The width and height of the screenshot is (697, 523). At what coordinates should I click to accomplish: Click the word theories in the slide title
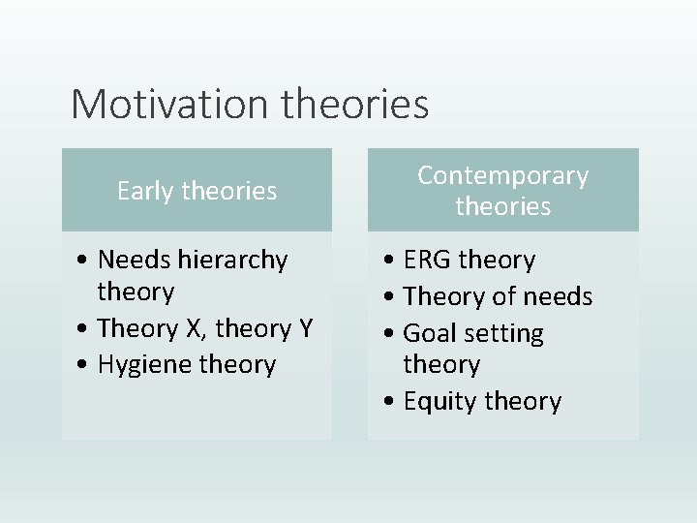pyautogui.click(x=354, y=104)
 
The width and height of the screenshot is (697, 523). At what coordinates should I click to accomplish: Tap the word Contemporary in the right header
pyautogui.click(x=502, y=175)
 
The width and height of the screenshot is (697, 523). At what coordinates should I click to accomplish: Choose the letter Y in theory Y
pyautogui.click(x=305, y=328)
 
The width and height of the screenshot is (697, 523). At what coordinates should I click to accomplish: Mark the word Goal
pyautogui.click(x=427, y=333)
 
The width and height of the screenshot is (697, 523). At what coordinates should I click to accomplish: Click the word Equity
pyautogui.click(x=435, y=401)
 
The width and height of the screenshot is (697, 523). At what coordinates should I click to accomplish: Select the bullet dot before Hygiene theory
pyautogui.click(x=86, y=366)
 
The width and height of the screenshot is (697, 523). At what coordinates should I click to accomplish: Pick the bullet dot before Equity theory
pyautogui.click(x=391, y=402)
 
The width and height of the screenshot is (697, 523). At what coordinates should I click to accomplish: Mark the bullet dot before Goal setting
pyautogui.click(x=391, y=334)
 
